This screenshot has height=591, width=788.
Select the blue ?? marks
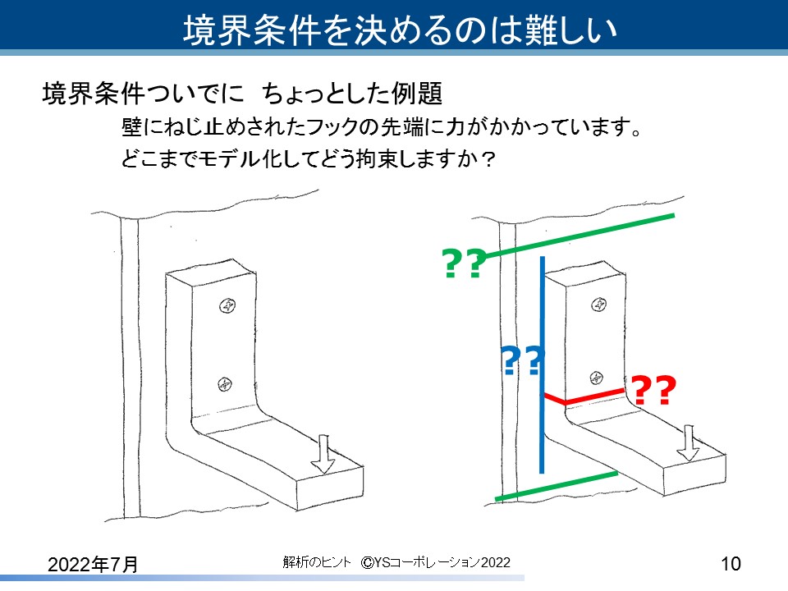[522, 361]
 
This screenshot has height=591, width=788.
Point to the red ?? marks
[654, 392]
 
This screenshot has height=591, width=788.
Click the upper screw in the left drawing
[227, 306]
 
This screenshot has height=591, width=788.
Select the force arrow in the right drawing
[688, 443]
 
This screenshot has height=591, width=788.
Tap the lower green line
[557, 485]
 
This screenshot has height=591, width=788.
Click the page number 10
[731, 564]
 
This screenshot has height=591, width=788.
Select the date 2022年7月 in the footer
[92, 564]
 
